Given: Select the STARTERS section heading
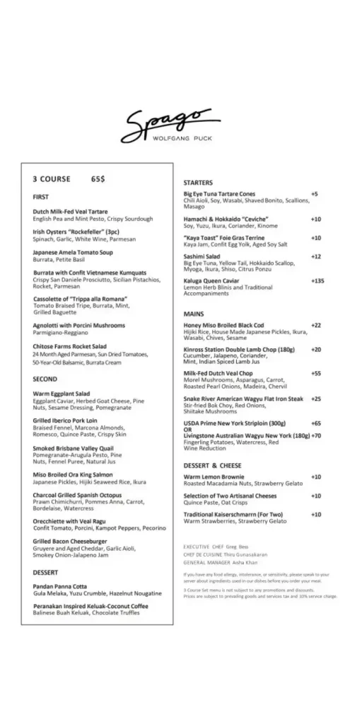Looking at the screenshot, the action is pos(198,183).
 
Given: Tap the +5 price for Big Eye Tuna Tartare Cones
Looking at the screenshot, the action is pos(314,193).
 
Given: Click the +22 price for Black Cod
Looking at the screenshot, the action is pos(315,324).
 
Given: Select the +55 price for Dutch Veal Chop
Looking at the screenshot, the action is pos(315,372).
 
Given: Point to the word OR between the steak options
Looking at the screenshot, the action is pos(187,429).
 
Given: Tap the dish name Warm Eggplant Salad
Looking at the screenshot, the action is pos(62,393).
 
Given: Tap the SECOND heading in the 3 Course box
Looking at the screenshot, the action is pos(45,379).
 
